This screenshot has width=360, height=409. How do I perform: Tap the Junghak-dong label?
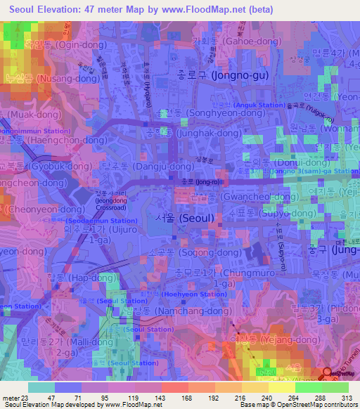point(199,131)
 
